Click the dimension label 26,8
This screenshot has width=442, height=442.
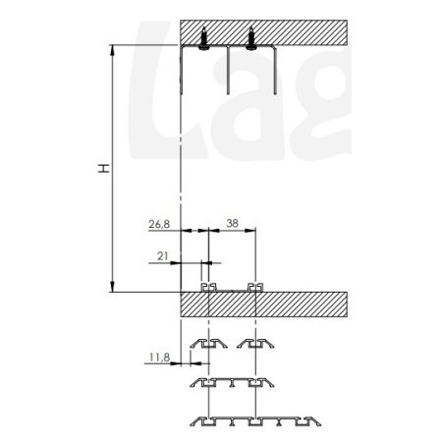click(x=159, y=224)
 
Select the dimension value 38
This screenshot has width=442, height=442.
click(x=232, y=223)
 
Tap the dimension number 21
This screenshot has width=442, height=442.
click(x=163, y=256)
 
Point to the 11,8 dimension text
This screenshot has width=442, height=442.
click(x=159, y=358)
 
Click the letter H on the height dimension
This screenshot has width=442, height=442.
click(x=104, y=168)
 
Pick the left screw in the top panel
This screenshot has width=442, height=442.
click(x=204, y=38)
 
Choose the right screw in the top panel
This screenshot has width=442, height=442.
click(x=251, y=38)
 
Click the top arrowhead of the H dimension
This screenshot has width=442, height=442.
click(x=112, y=50)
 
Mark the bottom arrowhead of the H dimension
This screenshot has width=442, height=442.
click(x=112, y=286)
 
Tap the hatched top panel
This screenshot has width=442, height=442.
click(x=263, y=32)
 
